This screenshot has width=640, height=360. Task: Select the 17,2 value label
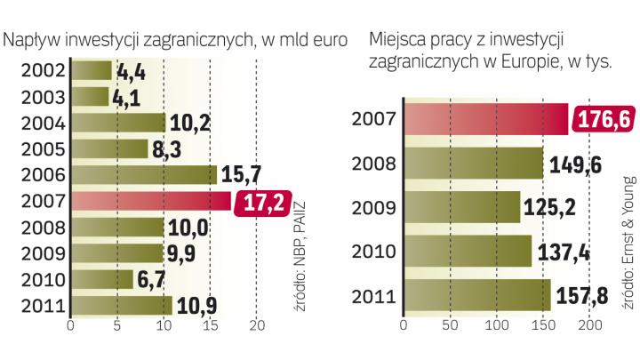click(261, 204)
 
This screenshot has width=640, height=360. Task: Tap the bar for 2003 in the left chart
click(89, 95)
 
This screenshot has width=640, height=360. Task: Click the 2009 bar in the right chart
click(461, 208)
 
